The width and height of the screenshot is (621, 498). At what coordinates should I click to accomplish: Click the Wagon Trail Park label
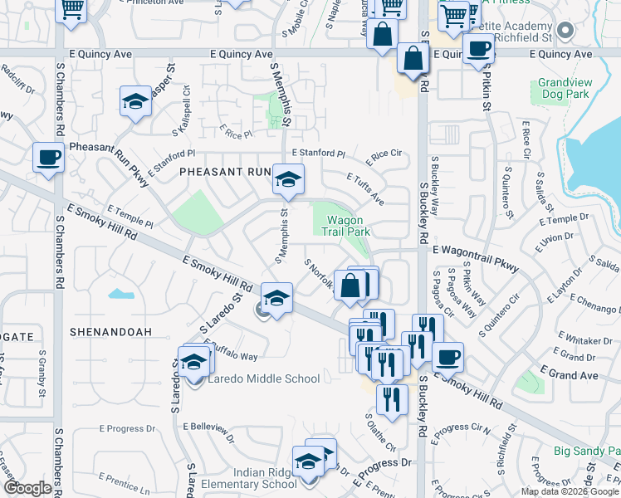tap(347, 227)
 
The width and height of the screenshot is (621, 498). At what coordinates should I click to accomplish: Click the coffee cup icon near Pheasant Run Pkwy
tap(49, 157)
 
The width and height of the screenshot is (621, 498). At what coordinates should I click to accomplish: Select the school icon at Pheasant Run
tap(288, 179)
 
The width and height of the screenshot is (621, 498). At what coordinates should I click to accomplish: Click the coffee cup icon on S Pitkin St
tap(478, 49)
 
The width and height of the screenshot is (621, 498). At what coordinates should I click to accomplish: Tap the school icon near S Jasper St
tap(135, 102)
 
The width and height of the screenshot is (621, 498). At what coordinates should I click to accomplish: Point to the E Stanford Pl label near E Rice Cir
tap(319, 154)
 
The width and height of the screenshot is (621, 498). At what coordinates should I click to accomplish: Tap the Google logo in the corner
tap(28, 488)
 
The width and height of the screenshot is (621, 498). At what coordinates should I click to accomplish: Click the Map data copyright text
tap(570, 491)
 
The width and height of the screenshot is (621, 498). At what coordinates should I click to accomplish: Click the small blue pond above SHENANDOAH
tap(120, 293)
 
